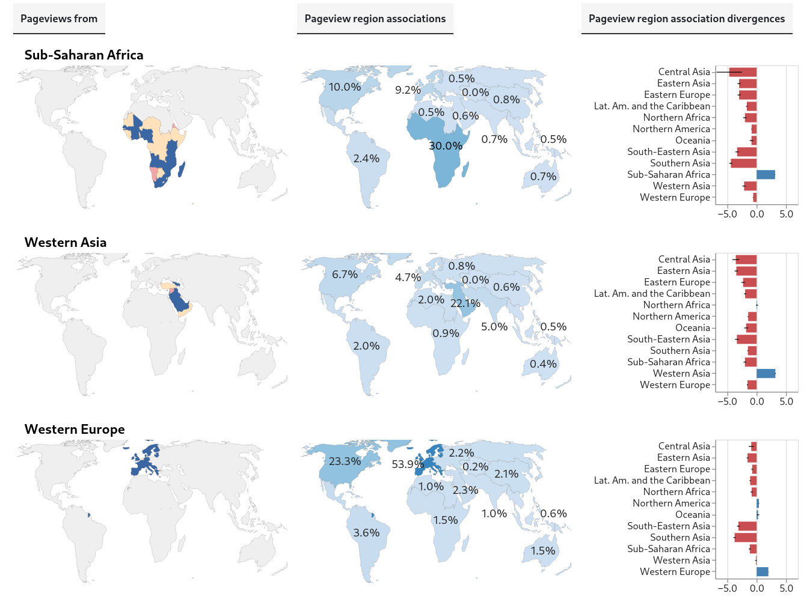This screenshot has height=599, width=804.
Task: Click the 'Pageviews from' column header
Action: [59, 19]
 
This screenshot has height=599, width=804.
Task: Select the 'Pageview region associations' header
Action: [375, 19]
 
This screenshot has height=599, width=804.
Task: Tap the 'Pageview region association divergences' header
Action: [686, 19]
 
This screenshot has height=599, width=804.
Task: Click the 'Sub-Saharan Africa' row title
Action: [84, 55]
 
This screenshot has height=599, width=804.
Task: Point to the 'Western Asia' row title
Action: [65, 243]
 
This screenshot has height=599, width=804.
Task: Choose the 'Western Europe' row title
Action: [75, 430]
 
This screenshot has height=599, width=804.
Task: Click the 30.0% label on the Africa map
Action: [446, 146]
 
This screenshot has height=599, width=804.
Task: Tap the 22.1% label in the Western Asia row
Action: [465, 303]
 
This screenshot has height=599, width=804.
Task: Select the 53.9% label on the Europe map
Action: [408, 464]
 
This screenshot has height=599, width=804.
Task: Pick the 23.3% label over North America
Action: [345, 461]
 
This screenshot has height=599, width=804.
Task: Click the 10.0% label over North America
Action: [345, 87]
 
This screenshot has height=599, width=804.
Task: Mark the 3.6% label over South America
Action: [366, 533]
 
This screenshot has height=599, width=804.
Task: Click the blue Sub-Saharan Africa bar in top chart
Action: [766, 175]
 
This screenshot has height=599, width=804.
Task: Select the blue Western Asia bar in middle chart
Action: [766, 374]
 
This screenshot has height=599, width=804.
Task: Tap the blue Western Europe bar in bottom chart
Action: [762, 572]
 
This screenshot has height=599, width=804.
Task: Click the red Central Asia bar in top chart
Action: [743, 72]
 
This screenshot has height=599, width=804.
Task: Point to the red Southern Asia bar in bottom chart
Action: [746, 538]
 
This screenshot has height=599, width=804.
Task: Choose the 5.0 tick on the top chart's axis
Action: [786, 214]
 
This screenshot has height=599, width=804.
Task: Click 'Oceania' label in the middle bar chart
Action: [692, 328]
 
